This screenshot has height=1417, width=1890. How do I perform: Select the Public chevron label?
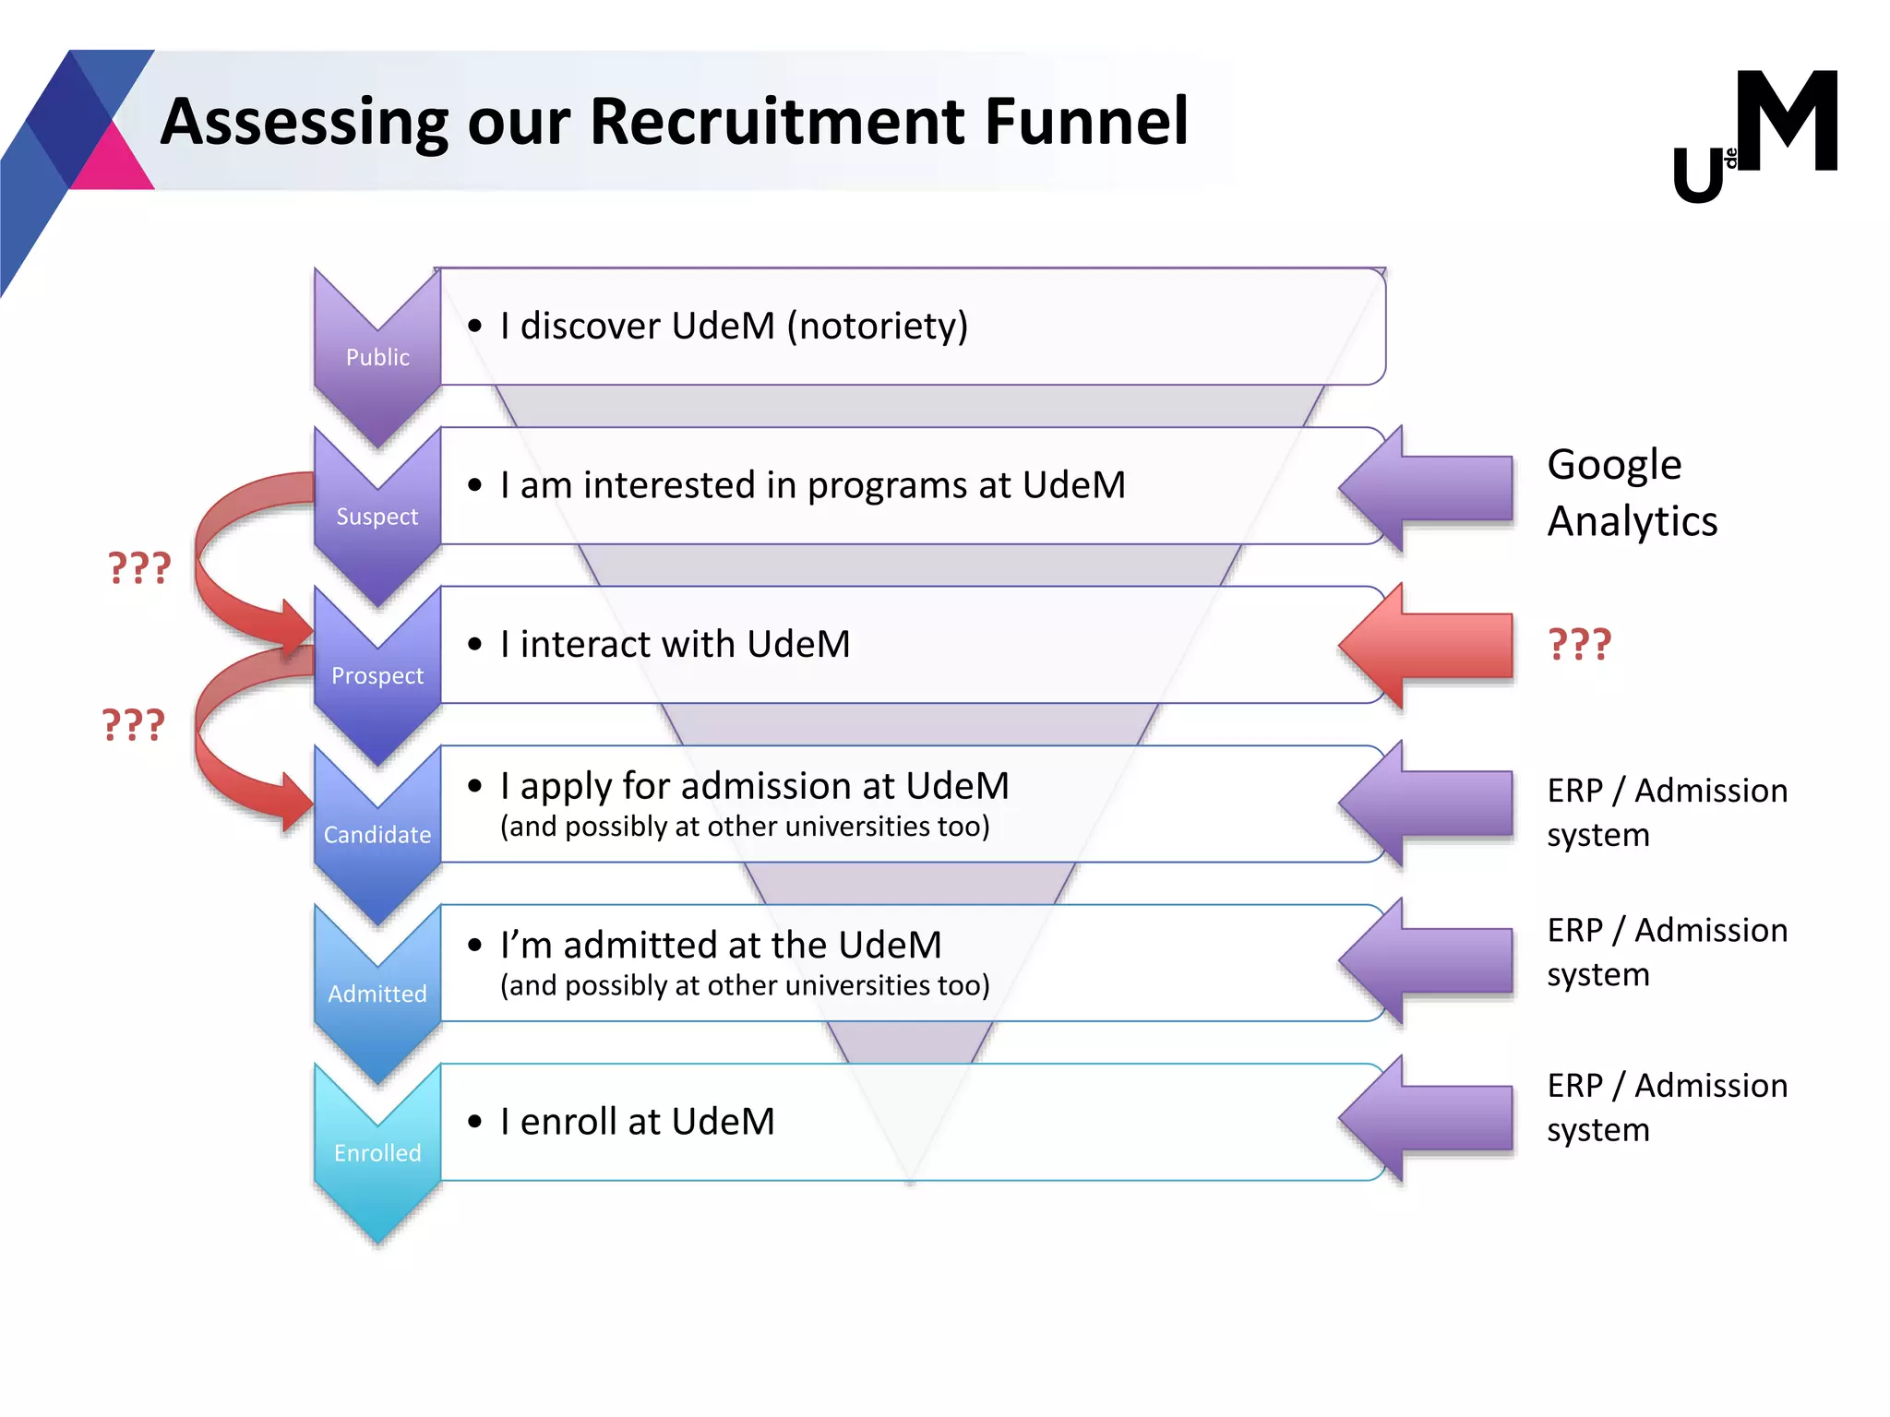(377, 357)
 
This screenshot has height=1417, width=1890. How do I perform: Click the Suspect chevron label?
(377, 517)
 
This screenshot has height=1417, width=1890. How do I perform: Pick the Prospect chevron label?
(377, 675)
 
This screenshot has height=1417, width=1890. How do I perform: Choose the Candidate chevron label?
(377, 835)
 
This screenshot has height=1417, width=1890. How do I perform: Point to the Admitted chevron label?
(377, 994)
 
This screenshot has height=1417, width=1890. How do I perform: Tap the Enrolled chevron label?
(377, 1153)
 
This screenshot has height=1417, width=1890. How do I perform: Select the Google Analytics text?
(1632, 493)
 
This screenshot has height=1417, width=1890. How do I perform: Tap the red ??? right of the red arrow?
(1579, 644)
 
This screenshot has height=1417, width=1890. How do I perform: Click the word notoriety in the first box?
(877, 326)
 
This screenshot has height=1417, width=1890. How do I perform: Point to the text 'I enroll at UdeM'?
(637, 1122)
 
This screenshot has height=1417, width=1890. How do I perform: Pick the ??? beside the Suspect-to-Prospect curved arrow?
(139, 567)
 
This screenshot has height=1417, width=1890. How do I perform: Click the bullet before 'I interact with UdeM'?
(475, 644)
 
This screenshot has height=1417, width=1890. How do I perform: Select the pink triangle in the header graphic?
(113, 163)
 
